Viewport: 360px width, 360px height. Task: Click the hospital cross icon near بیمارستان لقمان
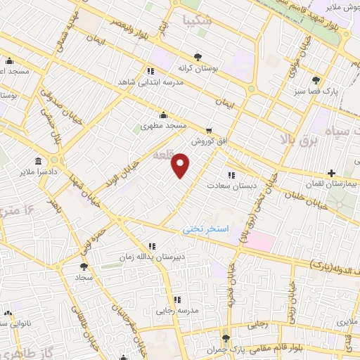tap(330, 172)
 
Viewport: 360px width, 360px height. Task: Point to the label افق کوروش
tap(209, 141)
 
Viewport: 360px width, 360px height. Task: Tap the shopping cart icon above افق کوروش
tap(209, 130)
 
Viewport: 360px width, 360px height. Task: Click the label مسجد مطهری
tap(164, 125)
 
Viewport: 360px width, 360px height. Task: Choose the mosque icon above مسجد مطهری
tap(164, 115)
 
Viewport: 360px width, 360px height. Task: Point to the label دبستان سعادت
tap(231, 186)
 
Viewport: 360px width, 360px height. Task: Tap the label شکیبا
tap(196, 20)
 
